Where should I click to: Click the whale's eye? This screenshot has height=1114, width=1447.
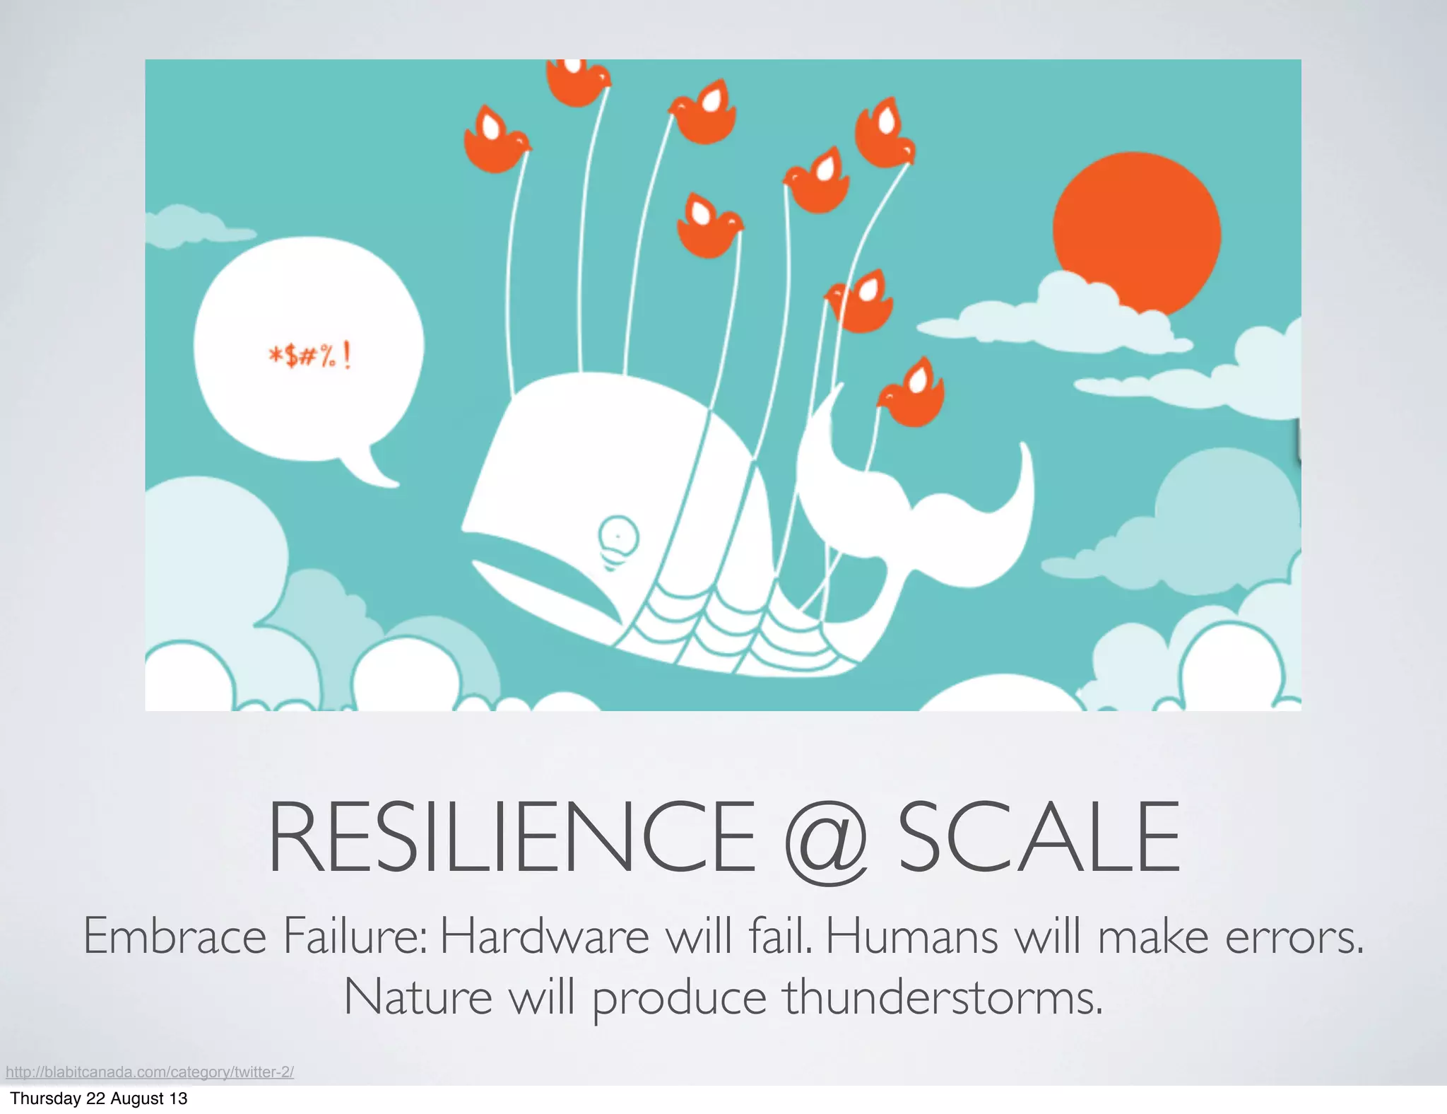click(x=618, y=537)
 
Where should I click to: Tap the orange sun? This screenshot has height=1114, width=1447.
click(x=1136, y=233)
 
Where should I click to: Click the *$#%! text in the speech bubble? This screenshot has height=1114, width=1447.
click(x=309, y=356)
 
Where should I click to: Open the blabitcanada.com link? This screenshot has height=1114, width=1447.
click(x=150, y=1072)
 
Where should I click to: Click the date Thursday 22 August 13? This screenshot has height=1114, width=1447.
click(x=99, y=1098)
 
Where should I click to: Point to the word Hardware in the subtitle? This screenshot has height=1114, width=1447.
click(x=544, y=936)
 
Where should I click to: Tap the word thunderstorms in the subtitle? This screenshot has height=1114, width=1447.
click(x=943, y=997)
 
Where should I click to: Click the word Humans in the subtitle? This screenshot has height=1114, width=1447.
click(x=912, y=936)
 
